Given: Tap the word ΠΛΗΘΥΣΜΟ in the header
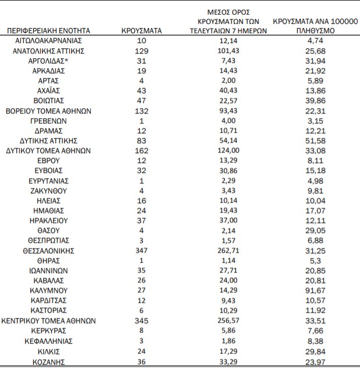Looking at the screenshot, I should [x=315, y=30].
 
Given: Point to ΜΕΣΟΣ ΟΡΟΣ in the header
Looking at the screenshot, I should [x=228, y=12].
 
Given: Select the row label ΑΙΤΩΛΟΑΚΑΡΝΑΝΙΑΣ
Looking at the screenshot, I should [x=49, y=41].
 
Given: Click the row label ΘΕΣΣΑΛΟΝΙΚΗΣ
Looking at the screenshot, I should [x=49, y=251].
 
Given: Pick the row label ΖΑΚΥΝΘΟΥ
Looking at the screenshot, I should [x=49, y=191].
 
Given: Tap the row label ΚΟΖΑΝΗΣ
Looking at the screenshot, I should [x=49, y=361].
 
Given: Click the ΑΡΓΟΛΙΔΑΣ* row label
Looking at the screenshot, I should [x=49, y=61].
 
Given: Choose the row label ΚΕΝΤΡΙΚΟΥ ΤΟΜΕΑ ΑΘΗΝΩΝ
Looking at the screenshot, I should [x=49, y=321].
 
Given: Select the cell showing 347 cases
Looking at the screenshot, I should [x=142, y=251].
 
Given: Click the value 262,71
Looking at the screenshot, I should [x=228, y=251].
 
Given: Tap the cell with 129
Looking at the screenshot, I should [x=142, y=51].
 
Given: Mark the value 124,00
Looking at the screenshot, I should [x=228, y=151].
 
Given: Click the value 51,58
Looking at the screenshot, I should [x=315, y=141].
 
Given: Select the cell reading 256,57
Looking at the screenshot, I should [x=228, y=321].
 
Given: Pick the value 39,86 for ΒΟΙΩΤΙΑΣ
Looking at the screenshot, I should [x=315, y=101].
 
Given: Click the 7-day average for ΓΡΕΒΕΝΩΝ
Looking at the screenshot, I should [x=228, y=121].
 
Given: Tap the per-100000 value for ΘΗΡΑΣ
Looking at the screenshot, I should [x=315, y=261].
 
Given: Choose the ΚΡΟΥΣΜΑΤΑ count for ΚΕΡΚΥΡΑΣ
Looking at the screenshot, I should [x=142, y=331].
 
